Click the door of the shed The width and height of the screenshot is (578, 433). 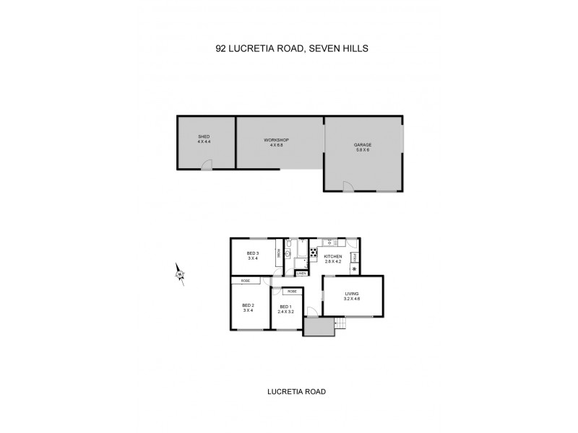coord(207,165)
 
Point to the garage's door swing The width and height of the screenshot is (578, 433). coord(348,186)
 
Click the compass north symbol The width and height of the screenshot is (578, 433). coord(179,274)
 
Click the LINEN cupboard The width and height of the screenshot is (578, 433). coord(301,274)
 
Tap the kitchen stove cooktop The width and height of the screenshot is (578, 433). coord(314,253)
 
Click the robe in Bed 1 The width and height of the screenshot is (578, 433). coord(292,291)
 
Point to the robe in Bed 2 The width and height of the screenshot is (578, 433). coord(246,281)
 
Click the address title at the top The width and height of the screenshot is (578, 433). coord(288,50)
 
